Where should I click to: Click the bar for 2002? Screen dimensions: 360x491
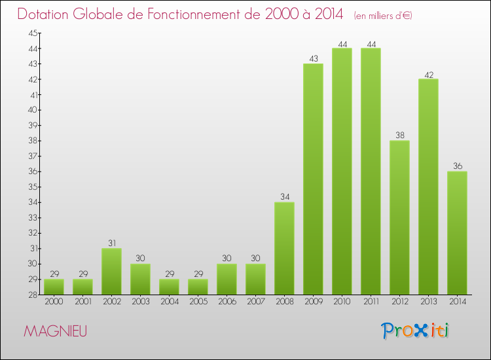point(111,271)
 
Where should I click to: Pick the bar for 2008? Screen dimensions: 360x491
point(284,248)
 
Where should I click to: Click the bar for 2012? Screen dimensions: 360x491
point(399,217)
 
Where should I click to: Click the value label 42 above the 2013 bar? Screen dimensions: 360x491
point(428,74)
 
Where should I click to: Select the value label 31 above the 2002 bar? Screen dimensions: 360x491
point(111,243)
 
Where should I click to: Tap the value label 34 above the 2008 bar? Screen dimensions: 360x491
point(284,197)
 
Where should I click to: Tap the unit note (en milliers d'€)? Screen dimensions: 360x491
point(383,15)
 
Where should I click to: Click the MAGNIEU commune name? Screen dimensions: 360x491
point(55,331)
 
